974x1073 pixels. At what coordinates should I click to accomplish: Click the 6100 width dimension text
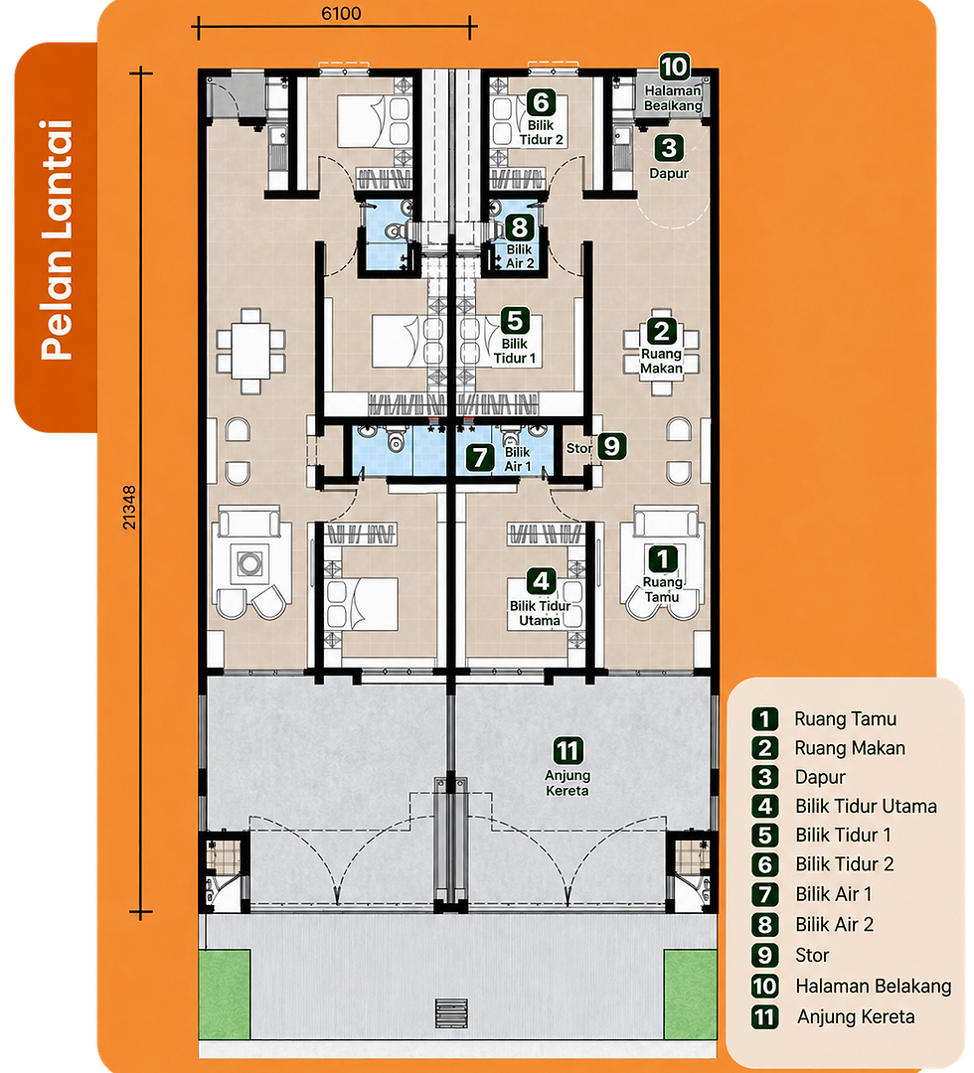(341, 13)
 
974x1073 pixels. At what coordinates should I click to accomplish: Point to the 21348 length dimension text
(128, 507)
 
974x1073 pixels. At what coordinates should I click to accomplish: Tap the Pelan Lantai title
(57, 239)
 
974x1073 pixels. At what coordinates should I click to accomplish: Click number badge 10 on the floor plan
(674, 68)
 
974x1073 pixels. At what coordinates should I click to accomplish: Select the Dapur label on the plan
(669, 173)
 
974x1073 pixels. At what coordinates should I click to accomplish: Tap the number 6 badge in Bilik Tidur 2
(541, 102)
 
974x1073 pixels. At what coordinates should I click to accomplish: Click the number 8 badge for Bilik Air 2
(520, 227)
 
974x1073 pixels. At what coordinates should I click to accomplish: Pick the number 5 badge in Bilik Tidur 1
(515, 320)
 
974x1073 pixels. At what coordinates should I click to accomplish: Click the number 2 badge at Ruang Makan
(661, 331)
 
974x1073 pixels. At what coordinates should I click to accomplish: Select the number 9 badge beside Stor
(612, 446)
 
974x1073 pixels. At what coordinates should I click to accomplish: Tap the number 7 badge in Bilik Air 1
(480, 458)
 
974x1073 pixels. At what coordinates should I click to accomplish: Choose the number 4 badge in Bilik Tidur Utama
(541, 581)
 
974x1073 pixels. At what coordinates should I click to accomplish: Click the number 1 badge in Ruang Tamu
(662, 558)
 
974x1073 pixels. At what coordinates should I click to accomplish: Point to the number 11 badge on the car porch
(568, 751)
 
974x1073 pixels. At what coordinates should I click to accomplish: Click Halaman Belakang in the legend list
(874, 987)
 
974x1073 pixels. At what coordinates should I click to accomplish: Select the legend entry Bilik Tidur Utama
(866, 806)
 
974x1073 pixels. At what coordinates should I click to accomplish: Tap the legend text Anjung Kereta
(856, 1017)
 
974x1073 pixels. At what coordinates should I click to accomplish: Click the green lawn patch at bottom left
(225, 994)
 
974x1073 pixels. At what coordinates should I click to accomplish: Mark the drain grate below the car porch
(452, 1013)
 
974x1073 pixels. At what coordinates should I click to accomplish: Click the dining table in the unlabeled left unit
(250, 351)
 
